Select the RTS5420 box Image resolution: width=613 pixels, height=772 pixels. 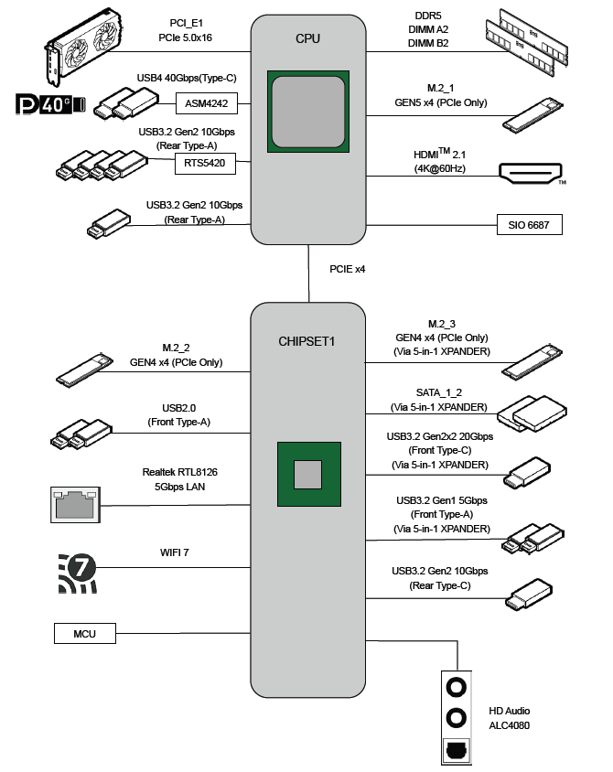(205, 165)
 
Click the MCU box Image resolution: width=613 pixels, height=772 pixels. (84, 633)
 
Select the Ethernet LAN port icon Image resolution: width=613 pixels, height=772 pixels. (74, 505)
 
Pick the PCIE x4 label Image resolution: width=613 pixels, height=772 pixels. (348, 269)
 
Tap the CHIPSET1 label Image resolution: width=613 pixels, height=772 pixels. (307, 342)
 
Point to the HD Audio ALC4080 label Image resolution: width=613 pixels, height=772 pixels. (511, 718)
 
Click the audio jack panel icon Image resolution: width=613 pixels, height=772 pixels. (455, 713)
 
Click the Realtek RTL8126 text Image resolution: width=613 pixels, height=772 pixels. (179, 473)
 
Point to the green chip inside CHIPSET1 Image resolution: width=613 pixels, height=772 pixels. (308, 474)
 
